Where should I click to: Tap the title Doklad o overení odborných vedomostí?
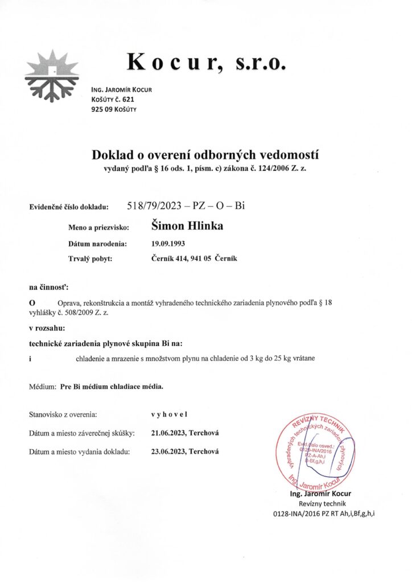(x=205, y=154)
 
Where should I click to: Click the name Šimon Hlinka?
(x=187, y=226)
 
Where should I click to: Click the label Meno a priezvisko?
(x=98, y=228)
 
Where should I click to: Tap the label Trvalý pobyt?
(x=90, y=260)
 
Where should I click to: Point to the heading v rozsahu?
(x=47, y=329)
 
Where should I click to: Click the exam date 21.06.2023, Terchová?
(x=186, y=433)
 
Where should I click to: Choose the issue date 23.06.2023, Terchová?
(x=186, y=451)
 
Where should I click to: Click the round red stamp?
(x=319, y=454)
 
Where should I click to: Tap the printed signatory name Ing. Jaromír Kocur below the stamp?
(x=320, y=493)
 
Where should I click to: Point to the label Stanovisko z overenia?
(x=63, y=414)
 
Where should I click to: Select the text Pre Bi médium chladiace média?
(x=111, y=386)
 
